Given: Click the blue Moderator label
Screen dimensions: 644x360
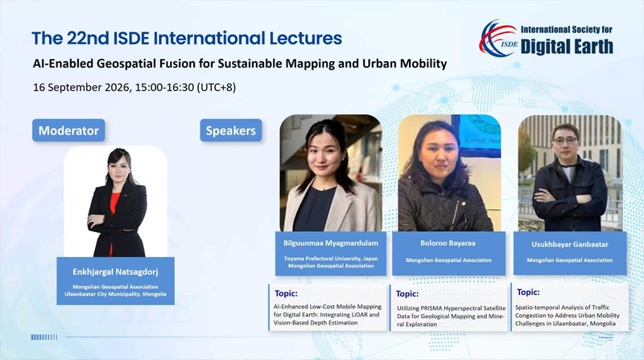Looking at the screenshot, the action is pyautogui.click(x=68, y=130).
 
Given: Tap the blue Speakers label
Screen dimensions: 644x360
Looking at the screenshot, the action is pyautogui.click(x=231, y=130).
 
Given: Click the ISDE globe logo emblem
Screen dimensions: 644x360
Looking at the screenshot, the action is pyautogui.click(x=497, y=38).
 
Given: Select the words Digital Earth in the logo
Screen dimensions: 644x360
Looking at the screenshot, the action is pyautogui.click(x=567, y=47).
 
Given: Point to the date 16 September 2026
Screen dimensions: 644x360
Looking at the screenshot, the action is pyautogui.click(x=83, y=88).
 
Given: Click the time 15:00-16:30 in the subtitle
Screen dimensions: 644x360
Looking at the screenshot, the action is pyautogui.click(x=164, y=88).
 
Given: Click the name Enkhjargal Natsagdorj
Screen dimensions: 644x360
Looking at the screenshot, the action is pyautogui.click(x=115, y=271).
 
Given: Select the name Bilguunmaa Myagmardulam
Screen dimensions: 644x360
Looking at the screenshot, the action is pyautogui.click(x=331, y=243).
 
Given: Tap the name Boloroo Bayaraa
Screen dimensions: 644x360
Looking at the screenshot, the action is pyautogui.click(x=448, y=243).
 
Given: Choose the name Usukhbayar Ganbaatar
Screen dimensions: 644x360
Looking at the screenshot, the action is pyautogui.click(x=570, y=245).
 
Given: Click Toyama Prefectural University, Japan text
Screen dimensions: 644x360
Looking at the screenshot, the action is pyautogui.click(x=331, y=259).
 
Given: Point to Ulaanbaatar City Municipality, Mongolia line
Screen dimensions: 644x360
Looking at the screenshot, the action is pyautogui.click(x=115, y=294).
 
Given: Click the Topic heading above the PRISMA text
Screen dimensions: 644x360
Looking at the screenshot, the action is pyautogui.click(x=407, y=294).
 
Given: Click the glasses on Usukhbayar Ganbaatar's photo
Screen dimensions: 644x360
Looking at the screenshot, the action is pyautogui.click(x=565, y=141).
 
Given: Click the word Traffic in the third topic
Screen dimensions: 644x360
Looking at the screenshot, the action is pyautogui.click(x=600, y=308).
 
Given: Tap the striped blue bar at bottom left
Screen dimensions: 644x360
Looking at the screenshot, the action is pyautogui.click(x=44, y=337).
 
